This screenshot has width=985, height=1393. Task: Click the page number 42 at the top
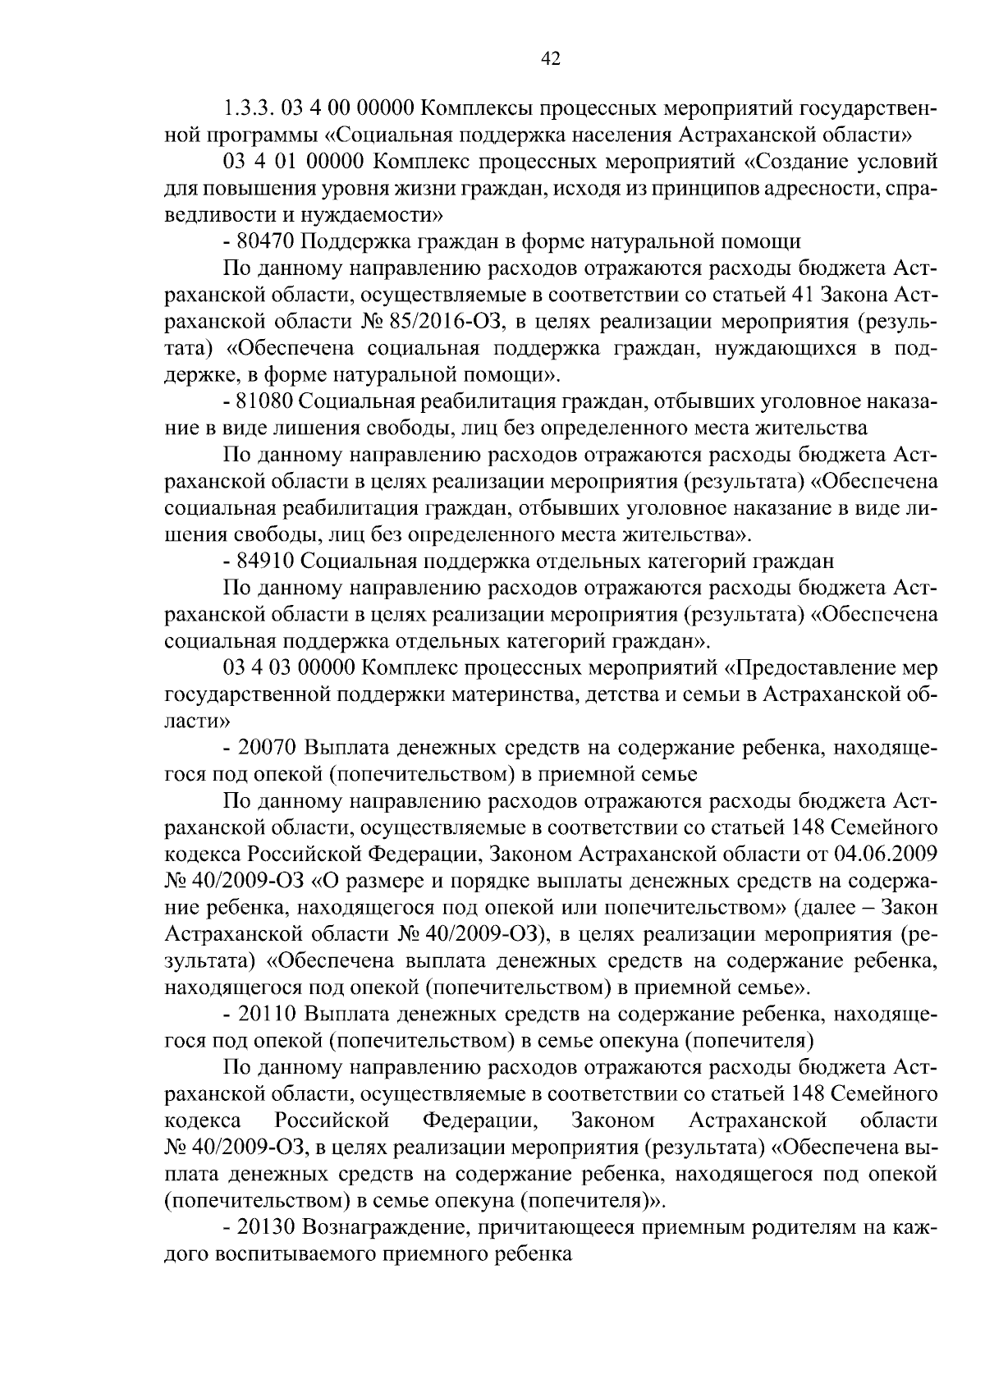click(551, 57)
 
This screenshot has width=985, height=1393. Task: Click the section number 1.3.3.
click(247, 108)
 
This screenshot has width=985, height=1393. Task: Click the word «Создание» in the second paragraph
click(789, 162)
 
